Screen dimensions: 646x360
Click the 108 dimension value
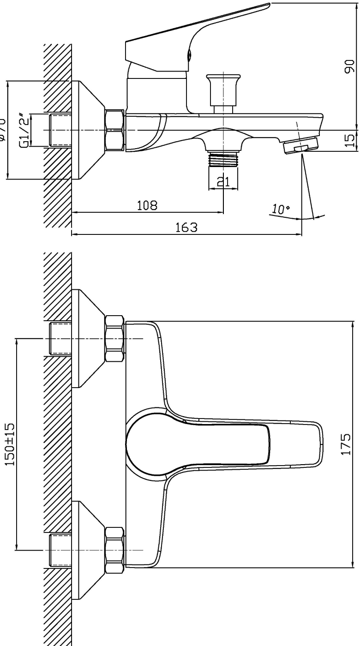click(x=147, y=205)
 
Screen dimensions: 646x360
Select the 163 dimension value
click(x=187, y=227)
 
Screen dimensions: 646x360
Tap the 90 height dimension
click(x=349, y=66)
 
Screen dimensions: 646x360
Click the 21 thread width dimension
click(x=223, y=182)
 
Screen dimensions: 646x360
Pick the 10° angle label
click(x=280, y=209)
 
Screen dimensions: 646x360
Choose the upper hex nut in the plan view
click(x=114, y=339)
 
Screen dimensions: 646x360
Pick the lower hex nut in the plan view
click(x=114, y=550)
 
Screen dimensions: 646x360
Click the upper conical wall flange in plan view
click(x=88, y=339)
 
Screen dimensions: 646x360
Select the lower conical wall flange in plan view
click(x=88, y=550)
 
